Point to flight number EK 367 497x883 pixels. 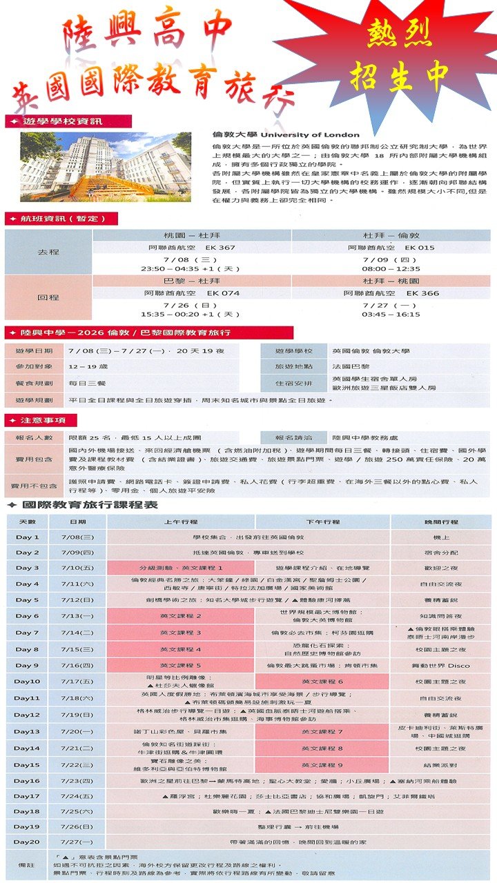point(221,247)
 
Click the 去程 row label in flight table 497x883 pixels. point(48,252)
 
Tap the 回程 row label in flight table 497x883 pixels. point(48,297)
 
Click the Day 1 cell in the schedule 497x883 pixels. point(28,537)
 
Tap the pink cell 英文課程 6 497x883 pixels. point(322,682)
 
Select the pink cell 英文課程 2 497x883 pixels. point(181,616)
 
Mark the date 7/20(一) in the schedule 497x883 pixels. point(77,731)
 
